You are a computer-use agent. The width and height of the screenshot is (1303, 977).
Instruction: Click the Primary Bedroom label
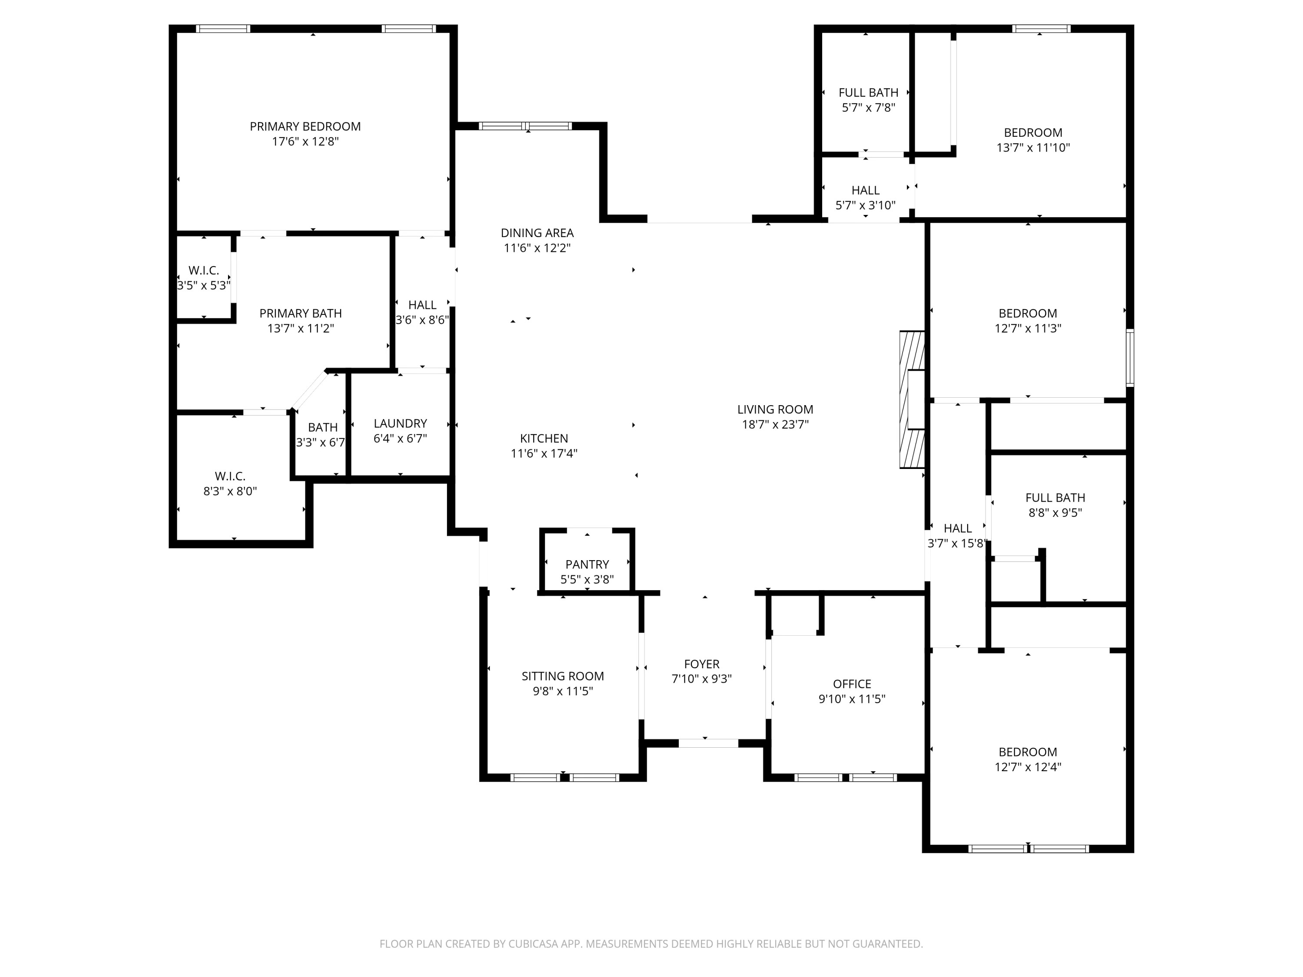[305, 127]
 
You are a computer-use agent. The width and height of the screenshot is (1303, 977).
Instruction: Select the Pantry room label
[587, 564]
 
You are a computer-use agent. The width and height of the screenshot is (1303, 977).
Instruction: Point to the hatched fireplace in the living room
[911, 400]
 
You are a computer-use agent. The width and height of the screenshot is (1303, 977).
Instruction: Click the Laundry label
[400, 423]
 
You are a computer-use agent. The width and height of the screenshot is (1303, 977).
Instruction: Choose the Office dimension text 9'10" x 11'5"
[852, 699]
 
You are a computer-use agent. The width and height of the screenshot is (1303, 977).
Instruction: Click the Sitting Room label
[562, 676]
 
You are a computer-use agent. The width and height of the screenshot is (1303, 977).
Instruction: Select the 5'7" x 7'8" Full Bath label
[868, 92]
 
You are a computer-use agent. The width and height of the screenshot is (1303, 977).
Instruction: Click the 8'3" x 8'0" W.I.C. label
[230, 476]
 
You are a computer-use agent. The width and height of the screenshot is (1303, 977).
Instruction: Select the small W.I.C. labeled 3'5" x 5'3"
[203, 271]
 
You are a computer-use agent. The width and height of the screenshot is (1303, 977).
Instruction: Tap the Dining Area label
[537, 233]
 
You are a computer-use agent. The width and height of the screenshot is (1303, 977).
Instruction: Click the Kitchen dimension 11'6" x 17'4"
[544, 453]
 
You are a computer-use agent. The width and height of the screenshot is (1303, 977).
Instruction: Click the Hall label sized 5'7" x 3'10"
[865, 190]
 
